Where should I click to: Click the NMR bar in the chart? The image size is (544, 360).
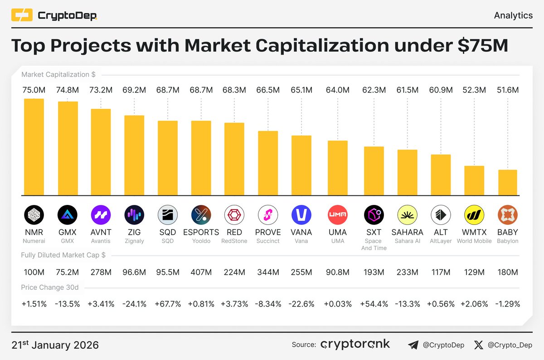tap(34, 147)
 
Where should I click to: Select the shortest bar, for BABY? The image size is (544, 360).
tap(508, 183)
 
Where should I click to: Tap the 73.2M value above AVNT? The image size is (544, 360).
tap(101, 90)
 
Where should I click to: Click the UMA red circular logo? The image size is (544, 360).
tap(337, 215)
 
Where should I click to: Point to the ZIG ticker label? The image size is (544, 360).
tap(134, 233)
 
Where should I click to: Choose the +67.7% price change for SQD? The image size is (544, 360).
tap(168, 304)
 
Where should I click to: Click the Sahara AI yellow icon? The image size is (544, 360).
tap(407, 215)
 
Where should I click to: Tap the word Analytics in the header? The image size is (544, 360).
tap(513, 15)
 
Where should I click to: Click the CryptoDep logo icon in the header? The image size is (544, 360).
tap(22, 16)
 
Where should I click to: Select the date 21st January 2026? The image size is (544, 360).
tap(55, 345)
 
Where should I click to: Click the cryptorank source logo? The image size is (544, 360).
tap(355, 345)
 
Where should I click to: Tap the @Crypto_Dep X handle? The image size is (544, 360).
tap(510, 345)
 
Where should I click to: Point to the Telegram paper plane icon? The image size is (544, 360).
tap(413, 345)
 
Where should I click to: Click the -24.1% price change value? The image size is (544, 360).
tap(134, 304)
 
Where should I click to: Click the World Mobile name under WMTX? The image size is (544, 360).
tap(474, 241)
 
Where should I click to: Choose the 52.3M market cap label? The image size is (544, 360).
tap(474, 90)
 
